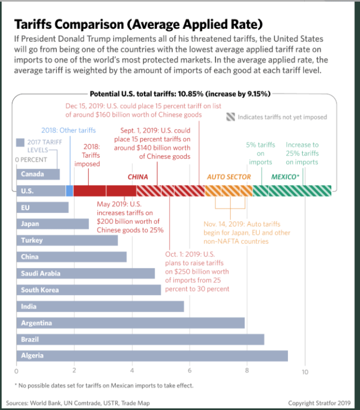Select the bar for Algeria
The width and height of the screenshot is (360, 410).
[x=152, y=356]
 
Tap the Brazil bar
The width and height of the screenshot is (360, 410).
[x=140, y=340]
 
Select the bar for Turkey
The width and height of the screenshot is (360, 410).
[x=67, y=240]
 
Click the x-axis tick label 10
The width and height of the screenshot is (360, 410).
[x=305, y=372]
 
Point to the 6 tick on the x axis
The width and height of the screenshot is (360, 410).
[x=190, y=372]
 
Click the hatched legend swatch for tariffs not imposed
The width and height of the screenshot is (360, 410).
[x=231, y=117]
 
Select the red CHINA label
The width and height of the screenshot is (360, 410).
[x=138, y=177]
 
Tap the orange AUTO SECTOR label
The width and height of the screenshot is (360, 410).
[x=228, y=177]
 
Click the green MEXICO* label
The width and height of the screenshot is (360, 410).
[x=285, y=177]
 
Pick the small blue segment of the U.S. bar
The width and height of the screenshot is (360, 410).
[x=69, y=191]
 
